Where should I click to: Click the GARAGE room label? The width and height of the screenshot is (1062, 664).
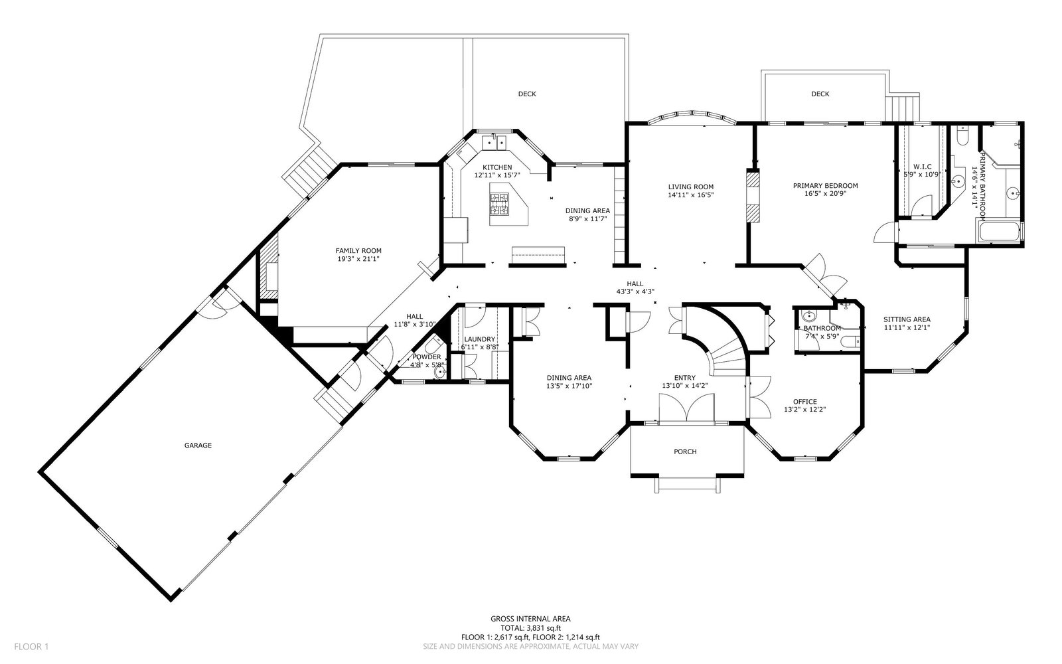pos(198,446)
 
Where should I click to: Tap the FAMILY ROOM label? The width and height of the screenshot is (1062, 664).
pos(358,251)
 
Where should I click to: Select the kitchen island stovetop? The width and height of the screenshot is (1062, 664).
pos(498,205)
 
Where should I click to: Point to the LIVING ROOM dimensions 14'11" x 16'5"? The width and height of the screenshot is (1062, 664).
pos(691,195)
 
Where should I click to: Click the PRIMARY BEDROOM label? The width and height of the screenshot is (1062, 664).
pos(826,185)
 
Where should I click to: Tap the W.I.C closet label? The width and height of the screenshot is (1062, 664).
pos(922,167)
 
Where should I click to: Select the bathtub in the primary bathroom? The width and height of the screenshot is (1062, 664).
pos(998,232)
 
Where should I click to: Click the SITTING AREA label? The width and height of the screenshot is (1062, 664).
pos(907,319)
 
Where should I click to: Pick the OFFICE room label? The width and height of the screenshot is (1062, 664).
pos(805,402)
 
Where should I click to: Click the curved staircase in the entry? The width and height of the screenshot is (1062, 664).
pos(725,352)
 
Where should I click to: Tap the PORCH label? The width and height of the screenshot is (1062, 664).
pos(685,452)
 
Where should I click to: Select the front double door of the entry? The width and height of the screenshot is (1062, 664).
pos(686,408)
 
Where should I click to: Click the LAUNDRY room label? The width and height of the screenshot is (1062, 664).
pos(479,339)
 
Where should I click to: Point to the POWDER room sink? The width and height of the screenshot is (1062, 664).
pos(440,373)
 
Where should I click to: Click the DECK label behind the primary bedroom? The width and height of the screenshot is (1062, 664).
pos(820,94)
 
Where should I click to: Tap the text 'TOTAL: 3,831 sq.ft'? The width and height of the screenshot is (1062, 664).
pos(530,628)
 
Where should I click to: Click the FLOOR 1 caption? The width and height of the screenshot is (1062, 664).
pos(31,647)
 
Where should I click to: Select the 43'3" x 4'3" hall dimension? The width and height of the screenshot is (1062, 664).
pos(635,291)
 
